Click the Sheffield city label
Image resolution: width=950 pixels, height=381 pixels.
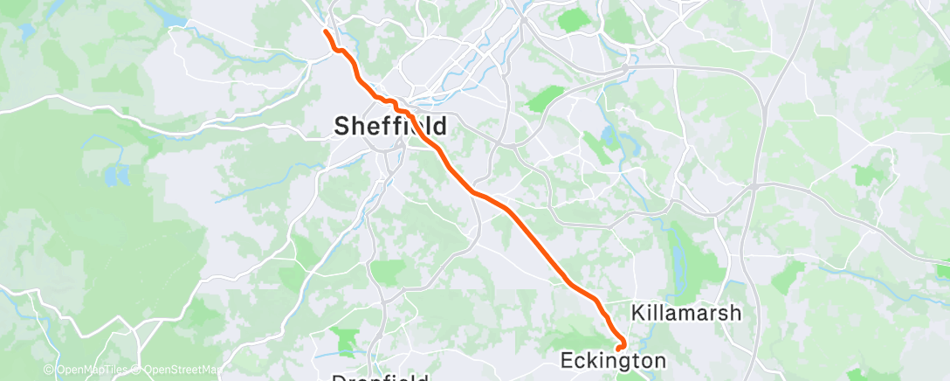(x=390, y=126)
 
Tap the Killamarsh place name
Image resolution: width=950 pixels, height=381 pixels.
(x=685, y=313)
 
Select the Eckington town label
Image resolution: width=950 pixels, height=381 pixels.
(x=612, y=360)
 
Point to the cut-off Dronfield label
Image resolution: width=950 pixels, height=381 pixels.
(x=381, y=378)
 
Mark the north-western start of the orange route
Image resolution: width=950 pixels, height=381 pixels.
(x=326, y=31)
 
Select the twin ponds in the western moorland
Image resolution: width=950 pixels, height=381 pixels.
(x=113, y=175)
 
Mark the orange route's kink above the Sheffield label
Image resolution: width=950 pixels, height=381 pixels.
(x=397, y=105)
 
